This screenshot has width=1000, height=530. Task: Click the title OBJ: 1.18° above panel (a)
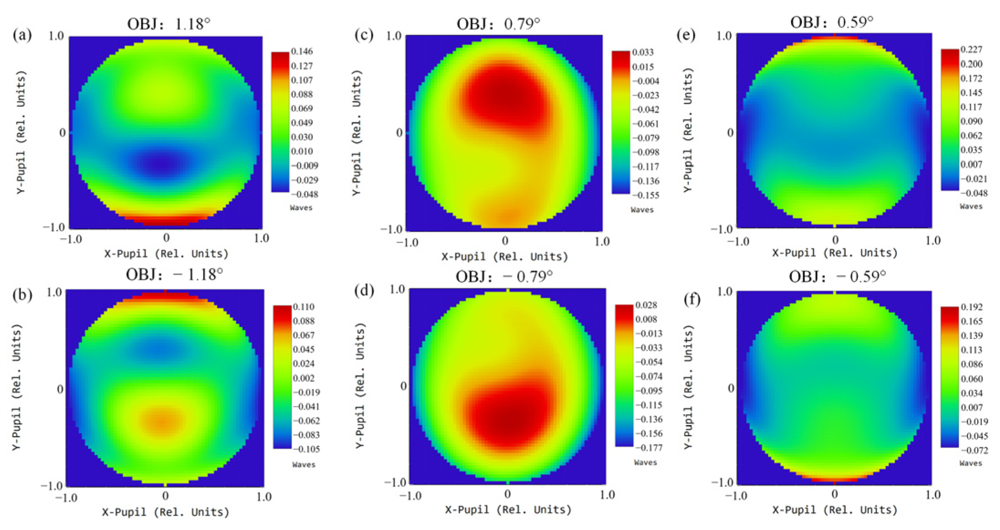169,23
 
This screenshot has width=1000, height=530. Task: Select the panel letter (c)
364,35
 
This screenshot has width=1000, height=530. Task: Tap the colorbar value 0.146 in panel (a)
302,51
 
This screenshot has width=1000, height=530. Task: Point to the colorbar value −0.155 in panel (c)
645,195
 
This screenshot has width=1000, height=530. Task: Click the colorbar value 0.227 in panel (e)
971,49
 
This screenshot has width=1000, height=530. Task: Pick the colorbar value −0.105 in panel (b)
306,449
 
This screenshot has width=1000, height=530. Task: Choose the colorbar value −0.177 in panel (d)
648,448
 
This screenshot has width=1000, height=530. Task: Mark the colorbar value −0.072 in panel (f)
974,450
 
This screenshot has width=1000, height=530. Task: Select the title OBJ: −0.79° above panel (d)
504,276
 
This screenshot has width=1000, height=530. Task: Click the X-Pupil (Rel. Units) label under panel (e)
834,253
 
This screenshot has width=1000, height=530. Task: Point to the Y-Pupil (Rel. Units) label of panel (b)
16,387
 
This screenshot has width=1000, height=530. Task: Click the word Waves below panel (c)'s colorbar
642,210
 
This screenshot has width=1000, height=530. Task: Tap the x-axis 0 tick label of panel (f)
834,494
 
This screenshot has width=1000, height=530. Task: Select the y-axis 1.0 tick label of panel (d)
397,289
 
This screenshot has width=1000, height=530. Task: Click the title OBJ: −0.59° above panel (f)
838,276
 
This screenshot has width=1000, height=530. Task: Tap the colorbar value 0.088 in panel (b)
304,321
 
